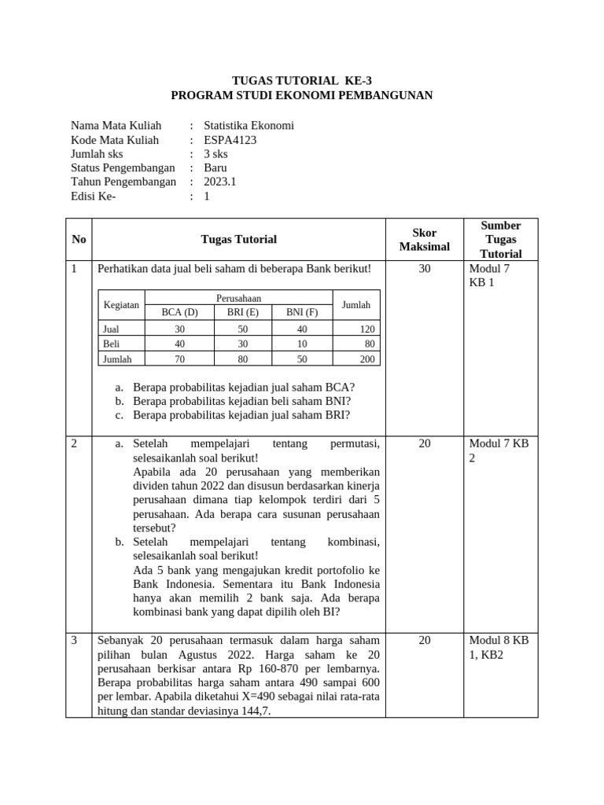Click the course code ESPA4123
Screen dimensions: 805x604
[230, 140]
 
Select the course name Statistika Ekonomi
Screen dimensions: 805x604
[249, 126]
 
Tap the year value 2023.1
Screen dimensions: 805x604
[220, 182]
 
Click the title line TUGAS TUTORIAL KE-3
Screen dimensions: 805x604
[301, 81]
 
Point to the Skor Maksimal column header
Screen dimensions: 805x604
[424, 240]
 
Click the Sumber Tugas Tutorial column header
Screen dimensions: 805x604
[500, 240]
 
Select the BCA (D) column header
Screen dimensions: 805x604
[179, 312]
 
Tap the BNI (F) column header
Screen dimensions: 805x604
[302, 312]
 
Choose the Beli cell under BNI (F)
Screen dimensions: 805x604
[302, 344]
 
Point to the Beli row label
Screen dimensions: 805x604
[111, 344]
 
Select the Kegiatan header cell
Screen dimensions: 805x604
[121, 305]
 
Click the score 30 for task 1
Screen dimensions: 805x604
[425, 269]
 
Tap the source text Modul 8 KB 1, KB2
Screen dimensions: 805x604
[499, 647]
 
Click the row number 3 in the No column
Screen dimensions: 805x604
[75, 641]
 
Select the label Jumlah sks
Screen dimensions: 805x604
[102, 154]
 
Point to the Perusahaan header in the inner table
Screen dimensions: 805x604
[239, 298]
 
